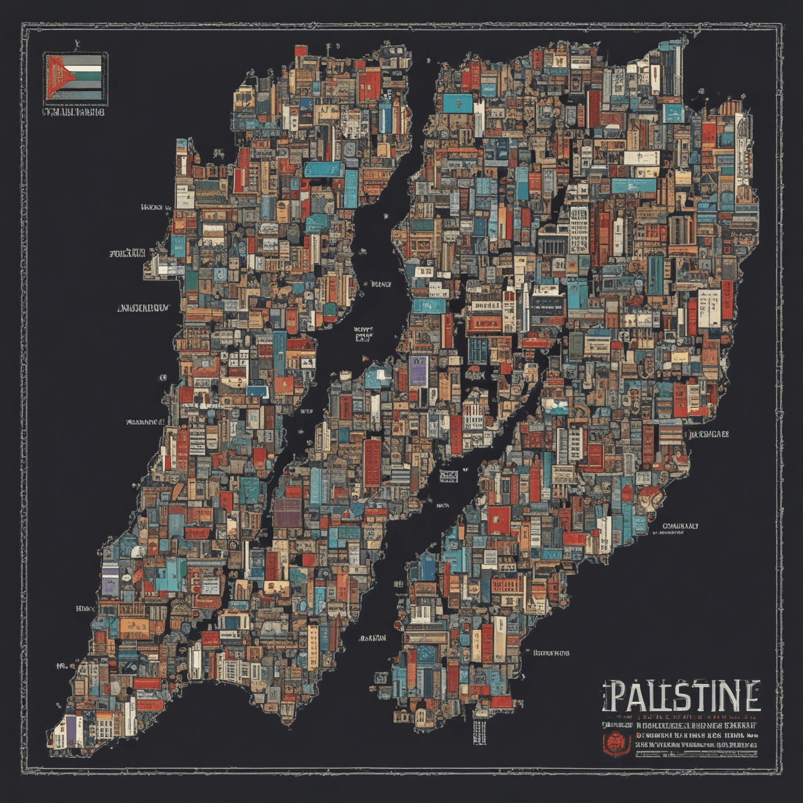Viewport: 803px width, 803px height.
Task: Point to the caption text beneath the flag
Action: (x=73, y=112)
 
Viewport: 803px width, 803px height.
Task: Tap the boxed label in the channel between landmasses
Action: (x=448, y=475)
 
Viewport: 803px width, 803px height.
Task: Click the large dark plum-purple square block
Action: (x=288, y=509)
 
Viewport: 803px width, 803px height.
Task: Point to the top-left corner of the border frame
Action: (x=23, y=24)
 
